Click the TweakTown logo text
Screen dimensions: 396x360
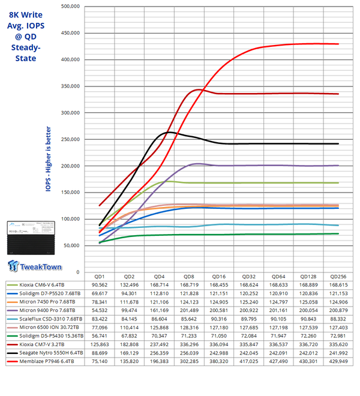(x=38, y=266)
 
